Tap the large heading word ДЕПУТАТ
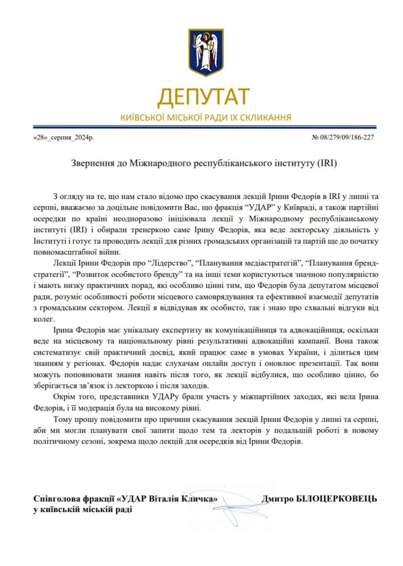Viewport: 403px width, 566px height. (x=203, y=97)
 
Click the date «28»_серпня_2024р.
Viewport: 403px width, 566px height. (x=64, y=138)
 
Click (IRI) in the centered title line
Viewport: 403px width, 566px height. (x=327, y=163)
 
